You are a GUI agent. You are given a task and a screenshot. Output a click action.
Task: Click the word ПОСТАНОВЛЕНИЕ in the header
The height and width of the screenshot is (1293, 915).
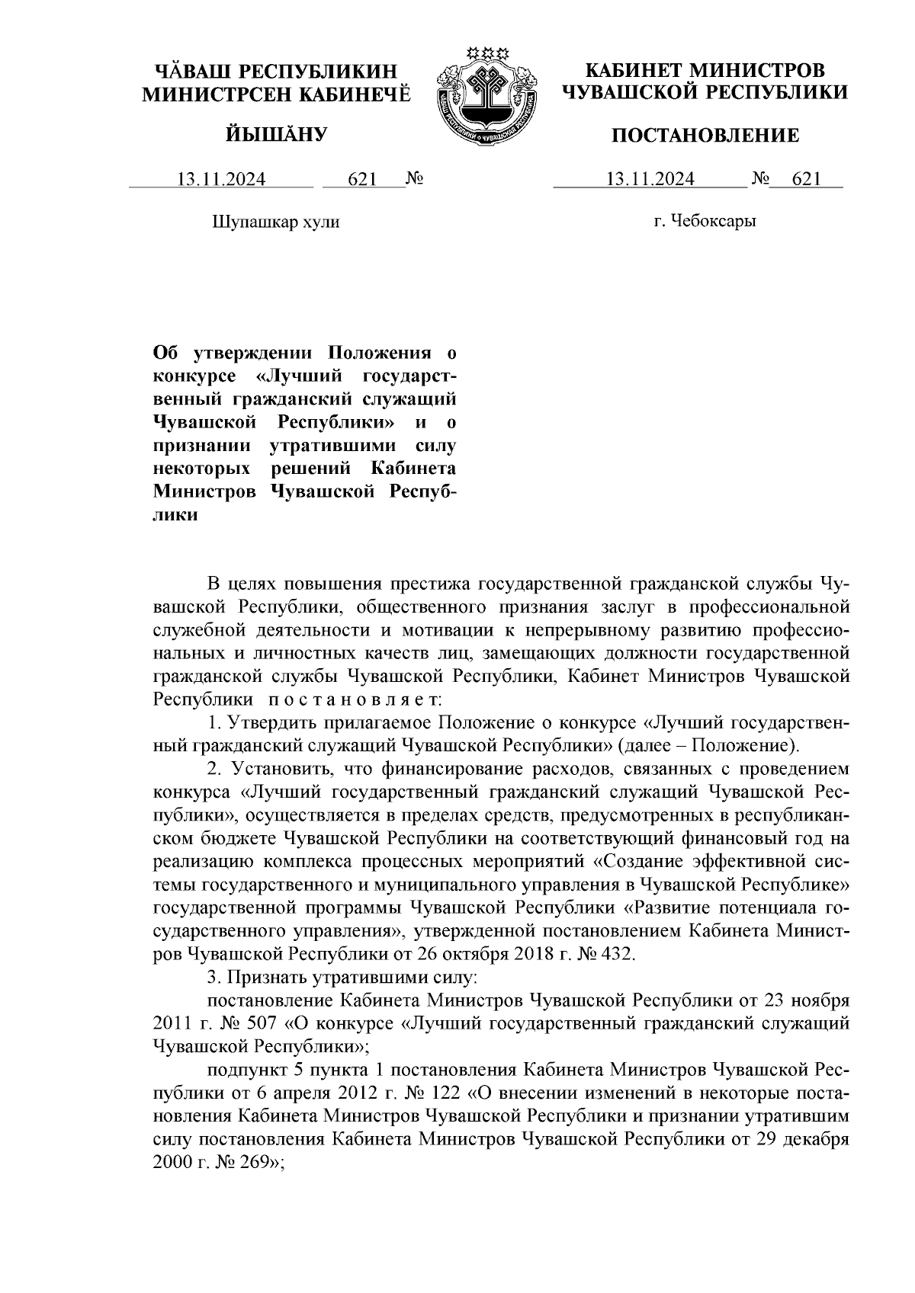[x=707, y=136]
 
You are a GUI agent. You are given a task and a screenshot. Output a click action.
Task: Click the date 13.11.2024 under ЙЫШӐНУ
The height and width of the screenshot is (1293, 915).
[x=221, y=179]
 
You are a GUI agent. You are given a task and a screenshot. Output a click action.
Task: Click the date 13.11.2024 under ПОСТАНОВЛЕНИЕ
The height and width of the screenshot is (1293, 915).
[x=650, y=179]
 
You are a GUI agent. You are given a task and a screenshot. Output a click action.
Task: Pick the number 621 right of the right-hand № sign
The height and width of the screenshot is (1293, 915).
[x=807, y=179]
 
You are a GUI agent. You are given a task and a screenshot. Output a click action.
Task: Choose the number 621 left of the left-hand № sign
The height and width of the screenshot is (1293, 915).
[x=362, y=179]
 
